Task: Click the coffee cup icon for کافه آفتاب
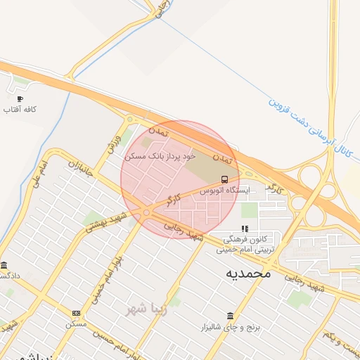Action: [20, 98]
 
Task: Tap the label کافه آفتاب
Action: [20, 110]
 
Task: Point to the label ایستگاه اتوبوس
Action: [224, 190]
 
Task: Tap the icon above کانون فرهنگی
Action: [245, 229]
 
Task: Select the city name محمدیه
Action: [247, 272]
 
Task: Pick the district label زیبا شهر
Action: [146, 307]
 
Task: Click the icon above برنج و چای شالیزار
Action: [230, 316]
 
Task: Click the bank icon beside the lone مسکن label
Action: [76, 313]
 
